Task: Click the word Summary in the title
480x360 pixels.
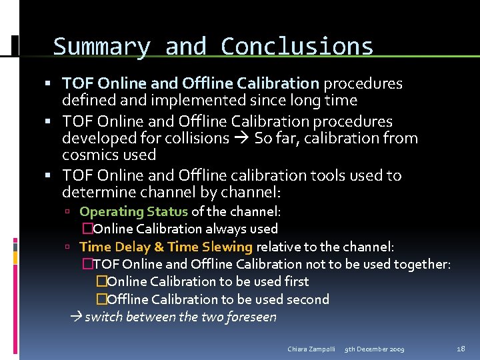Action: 101,47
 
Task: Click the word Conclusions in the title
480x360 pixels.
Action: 297,47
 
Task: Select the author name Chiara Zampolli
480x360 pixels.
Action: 311,349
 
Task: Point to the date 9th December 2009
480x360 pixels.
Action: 374,349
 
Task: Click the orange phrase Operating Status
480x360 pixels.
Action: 133,211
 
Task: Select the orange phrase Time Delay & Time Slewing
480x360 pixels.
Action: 165,247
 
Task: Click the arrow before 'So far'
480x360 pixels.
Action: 241,139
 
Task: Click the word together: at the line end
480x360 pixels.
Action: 422,264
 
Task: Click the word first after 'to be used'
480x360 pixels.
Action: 296,281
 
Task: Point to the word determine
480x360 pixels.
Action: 95,193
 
